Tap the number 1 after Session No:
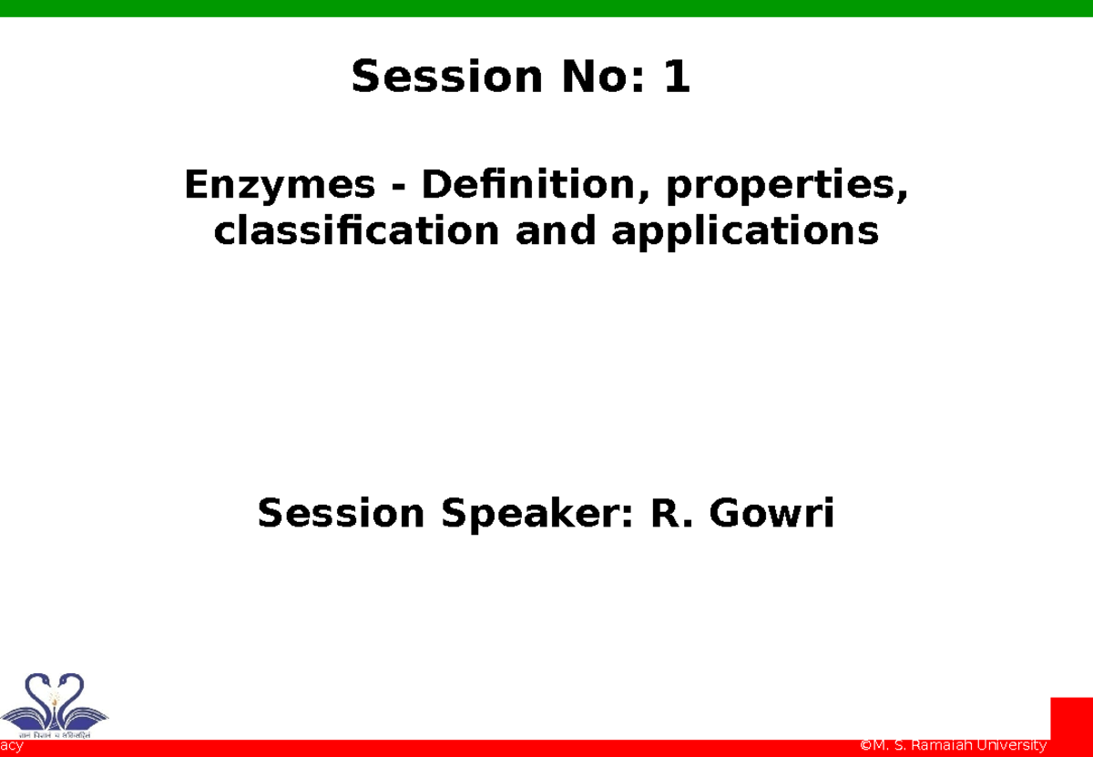(677, 77)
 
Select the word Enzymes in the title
(280, 186)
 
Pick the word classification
(356, 231)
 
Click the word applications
(745, 233)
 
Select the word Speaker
(536, 515)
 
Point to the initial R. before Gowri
(671, 515)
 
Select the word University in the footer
(1013, 746)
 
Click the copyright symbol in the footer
(866, 746)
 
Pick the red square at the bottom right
(1071, 719)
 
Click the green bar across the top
(546, 8)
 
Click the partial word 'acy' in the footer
(11, 747)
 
